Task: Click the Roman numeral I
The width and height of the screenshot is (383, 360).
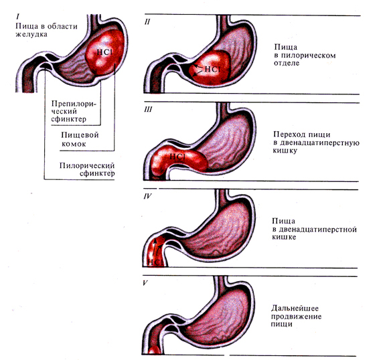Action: [x=18, y=17]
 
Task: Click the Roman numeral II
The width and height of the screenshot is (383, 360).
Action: [x=147, y=21]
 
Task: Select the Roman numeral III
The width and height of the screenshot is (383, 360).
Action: [x=148, y=109]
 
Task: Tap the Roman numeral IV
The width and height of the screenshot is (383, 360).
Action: [x=148, y=196]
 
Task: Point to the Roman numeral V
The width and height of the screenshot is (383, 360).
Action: [x=145, y=283]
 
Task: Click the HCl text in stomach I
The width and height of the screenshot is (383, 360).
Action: [x=104, y=52]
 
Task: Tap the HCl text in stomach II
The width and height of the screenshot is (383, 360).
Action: [x=212, y=70]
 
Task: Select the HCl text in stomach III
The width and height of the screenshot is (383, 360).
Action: [x=177, y=157]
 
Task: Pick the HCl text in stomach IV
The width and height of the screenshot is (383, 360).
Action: [x=155, y=262]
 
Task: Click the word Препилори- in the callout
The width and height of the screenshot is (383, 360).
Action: [x=74, y=104]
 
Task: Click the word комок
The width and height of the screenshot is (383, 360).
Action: [x=74, y=144]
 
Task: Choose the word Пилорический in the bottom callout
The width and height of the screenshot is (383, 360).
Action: [x=87, y=165]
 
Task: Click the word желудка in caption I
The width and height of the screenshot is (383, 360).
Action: [x=31, y=34]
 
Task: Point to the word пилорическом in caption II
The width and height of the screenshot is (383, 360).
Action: [x=308, y=56]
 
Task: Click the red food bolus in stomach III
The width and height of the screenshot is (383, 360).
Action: [x=177, y=159]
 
